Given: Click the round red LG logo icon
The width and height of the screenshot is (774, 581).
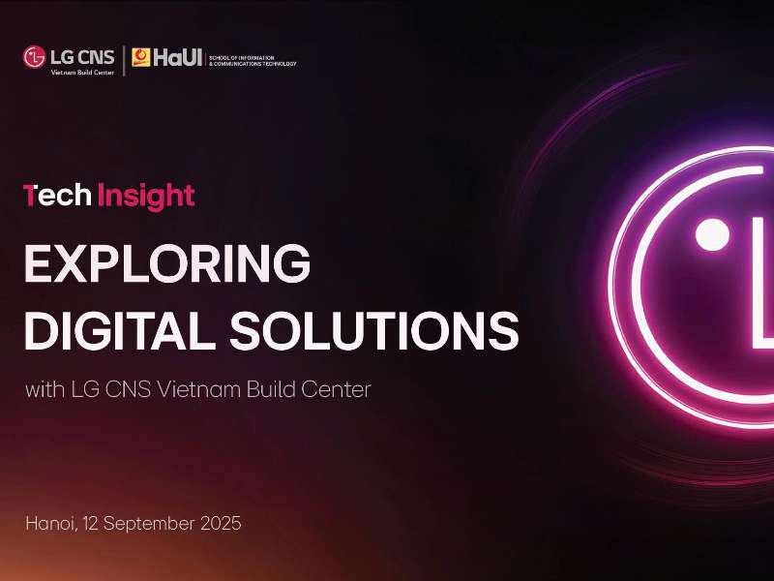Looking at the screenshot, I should [34, 57].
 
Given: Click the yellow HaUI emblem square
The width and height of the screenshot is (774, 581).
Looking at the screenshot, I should [141, 58].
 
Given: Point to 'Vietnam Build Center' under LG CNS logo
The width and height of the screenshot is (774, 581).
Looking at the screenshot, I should [82, 72].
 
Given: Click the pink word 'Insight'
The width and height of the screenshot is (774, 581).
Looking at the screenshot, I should [146, 197].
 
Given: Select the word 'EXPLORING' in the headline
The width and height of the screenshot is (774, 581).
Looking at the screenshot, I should [167, 265].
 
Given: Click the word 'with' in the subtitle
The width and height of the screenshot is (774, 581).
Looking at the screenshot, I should [45, 390].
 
